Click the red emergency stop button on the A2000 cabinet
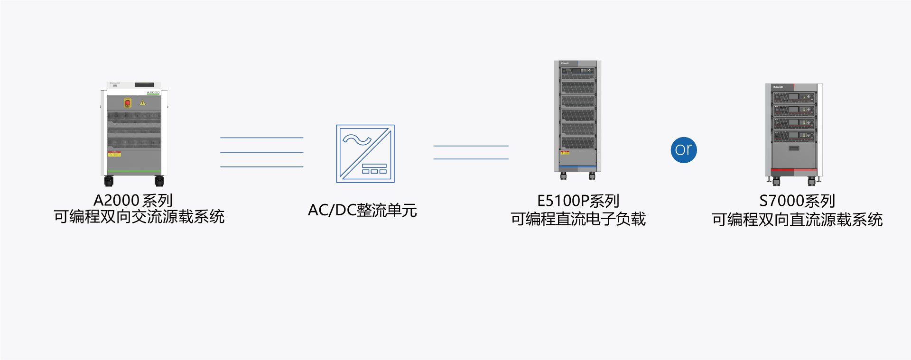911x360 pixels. pos(128,102)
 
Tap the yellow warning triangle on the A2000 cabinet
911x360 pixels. pos(142,102)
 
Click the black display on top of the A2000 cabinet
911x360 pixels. pos(144,85)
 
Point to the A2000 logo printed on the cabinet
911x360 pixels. pos(153,92)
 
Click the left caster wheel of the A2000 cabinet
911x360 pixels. pos(109,181)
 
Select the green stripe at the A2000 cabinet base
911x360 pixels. pos(134,172)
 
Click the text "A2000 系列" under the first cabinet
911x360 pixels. pos(133,201)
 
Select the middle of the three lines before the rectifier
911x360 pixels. pos(261,152)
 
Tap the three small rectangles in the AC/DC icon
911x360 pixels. pos(374,171)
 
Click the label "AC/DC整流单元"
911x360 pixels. pos(363,210)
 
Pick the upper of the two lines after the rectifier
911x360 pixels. pos(471,146)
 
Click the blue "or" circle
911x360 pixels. pos(684,150)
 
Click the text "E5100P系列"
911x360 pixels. pos(578,201)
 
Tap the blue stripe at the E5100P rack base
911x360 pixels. pos(577,167)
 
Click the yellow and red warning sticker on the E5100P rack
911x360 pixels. pos(565,153)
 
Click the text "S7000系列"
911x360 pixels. pos(797,201)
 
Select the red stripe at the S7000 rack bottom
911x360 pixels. pos(794,169)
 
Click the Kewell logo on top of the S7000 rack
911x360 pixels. pos(778,87)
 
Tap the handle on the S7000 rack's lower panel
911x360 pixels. pos(794,148)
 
